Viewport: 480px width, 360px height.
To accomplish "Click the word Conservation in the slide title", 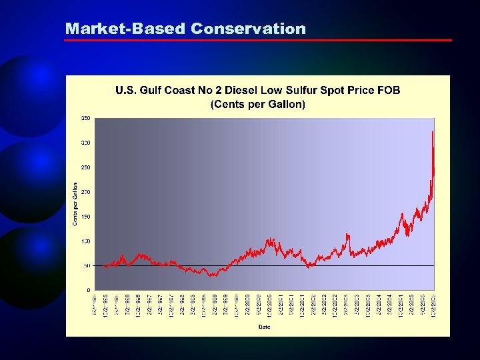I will click(248, 29).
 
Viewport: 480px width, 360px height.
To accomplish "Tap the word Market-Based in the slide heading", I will click(125, 29).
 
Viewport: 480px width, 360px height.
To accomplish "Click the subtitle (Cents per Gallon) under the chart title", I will click(258, 104).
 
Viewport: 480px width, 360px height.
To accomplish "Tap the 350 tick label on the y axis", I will click(86, 118).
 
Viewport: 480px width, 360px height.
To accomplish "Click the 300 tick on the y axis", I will click(86, 143).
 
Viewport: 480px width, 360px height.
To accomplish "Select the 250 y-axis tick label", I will click(86, 167).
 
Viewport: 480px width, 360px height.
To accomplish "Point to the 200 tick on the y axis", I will click(86, 192).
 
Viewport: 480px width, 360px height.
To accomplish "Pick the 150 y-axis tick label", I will click(86, 217).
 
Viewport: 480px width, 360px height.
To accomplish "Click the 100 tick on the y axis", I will click(86, 241).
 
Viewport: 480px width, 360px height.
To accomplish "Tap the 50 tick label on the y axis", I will click(87, 266).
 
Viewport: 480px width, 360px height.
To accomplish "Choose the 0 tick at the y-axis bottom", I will click(89, 290).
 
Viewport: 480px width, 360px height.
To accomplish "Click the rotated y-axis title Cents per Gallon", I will click(75, 204).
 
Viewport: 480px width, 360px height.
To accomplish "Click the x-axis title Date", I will click(265, 326).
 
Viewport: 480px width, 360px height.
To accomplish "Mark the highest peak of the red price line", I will click(433, 132).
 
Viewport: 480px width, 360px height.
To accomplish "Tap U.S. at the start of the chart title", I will click(126, 90).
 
